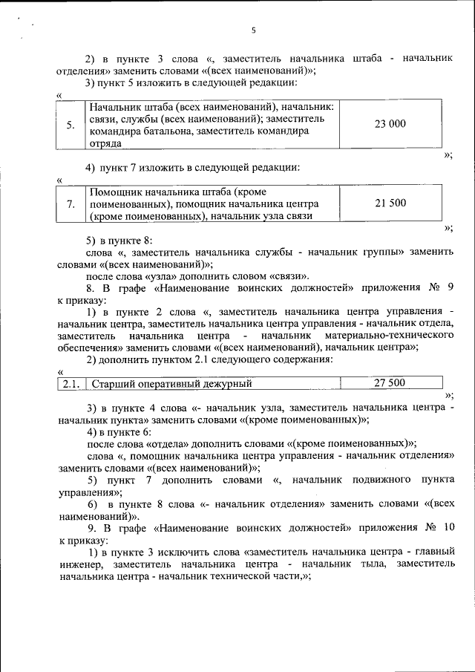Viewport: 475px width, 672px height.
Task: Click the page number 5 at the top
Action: coord(253,30)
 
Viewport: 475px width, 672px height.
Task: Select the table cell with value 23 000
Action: coord(390,124)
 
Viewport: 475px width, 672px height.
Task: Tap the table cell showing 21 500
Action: coord(390,203)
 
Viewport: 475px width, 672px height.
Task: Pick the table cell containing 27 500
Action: coord(390,383)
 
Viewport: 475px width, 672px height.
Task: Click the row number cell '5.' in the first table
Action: coord(70,125)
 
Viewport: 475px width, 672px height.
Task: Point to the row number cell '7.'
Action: coord(70,203)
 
